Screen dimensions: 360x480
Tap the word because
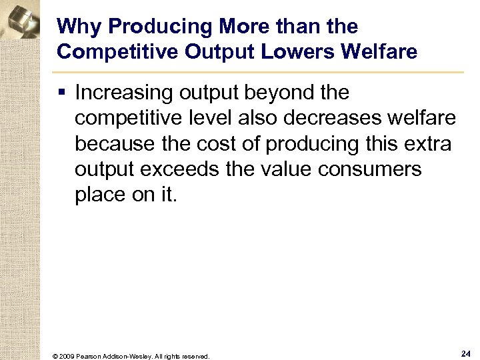click(115, 143)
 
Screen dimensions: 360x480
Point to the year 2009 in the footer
click(66, 356)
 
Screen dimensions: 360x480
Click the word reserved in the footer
click(195, 356)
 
